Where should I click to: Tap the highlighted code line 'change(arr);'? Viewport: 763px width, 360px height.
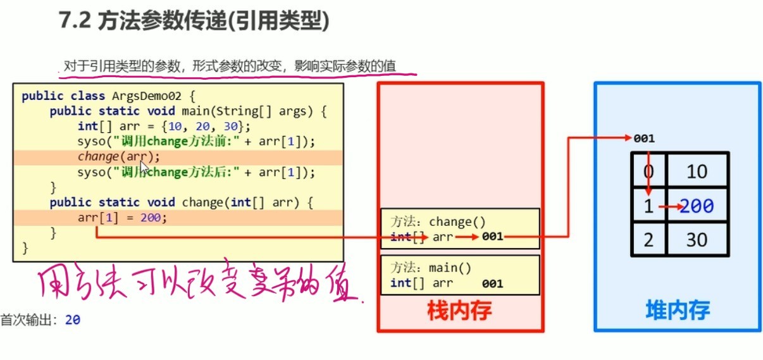(x=119, y=157)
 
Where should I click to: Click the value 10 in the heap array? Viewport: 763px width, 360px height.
(x=696, y=171)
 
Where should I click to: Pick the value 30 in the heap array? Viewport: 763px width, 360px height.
(x=696, y=240)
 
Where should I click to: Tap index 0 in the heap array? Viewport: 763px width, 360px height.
(x=647, y=171)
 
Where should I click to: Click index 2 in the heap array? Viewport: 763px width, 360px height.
(x=647, y=240)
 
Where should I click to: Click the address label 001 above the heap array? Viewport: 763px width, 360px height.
(x=643, y=139)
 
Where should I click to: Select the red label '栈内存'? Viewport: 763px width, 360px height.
(x=460, y=311)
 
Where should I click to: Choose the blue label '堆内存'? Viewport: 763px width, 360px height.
(x=678, y=310)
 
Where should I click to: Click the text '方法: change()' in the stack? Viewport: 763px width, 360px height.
(x=438, y=222)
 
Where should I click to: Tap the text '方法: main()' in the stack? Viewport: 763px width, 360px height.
(x=431, y=268)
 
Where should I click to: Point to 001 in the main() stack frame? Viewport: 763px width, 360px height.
(x=492, y=283)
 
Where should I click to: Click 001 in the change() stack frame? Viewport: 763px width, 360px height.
(x=492, y=237)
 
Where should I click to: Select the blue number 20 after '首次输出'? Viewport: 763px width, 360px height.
(x=73, y=320)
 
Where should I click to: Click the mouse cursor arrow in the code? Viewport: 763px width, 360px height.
(x=144, y=166)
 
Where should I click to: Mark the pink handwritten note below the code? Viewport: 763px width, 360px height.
(x=196, y=287)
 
